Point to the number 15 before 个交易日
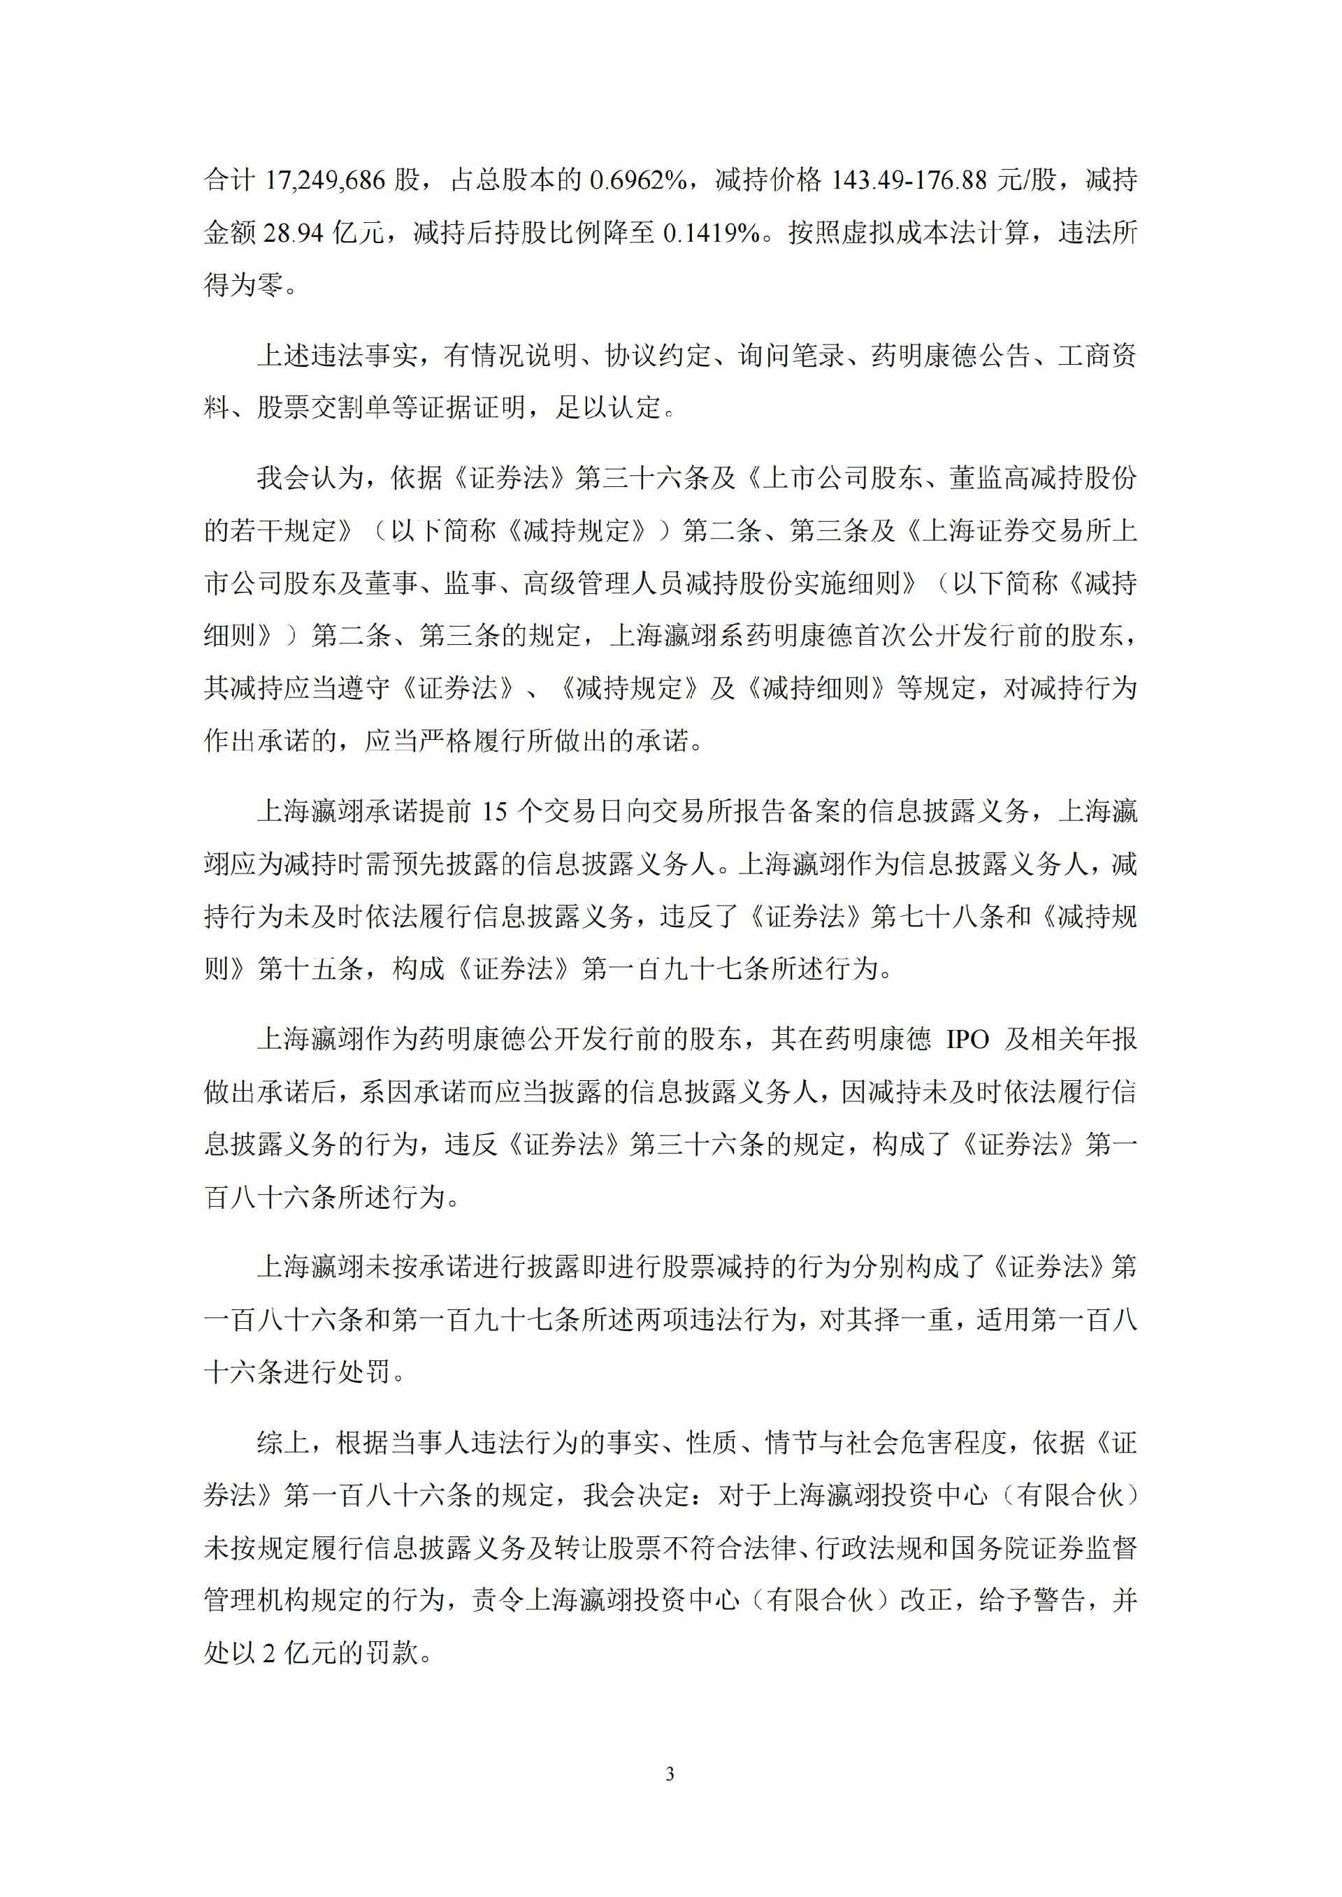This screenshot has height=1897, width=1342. coord(493,812)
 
